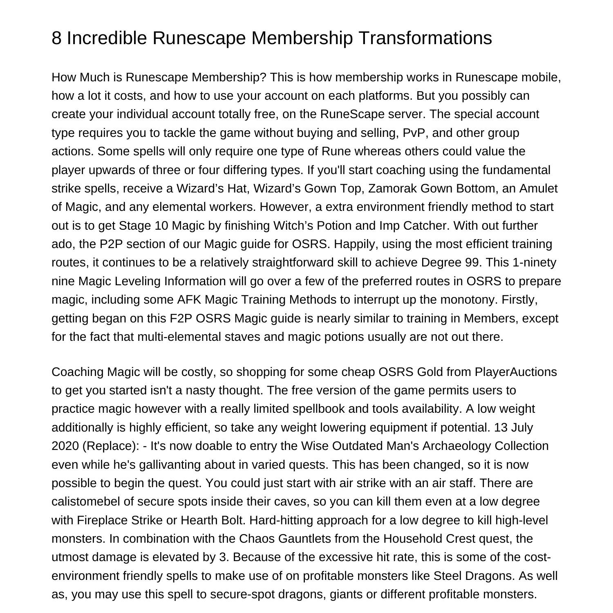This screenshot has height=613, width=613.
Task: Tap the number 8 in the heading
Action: tap(57, 38)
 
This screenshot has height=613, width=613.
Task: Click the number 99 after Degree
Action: tap(472, 262)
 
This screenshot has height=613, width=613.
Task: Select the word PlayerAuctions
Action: tap(515, 372)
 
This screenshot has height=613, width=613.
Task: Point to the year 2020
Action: tap(65, 446)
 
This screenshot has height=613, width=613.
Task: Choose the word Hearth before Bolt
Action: tap(199, 520)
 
